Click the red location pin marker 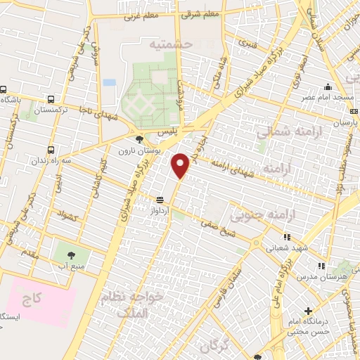point(181,165)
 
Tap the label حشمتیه point(171,44)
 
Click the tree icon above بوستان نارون point(140,139)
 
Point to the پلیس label point(167,133)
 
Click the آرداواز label point(160,210)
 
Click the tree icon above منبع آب point(72,254)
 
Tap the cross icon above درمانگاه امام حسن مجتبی point(308,311)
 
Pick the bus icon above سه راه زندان point(51,149)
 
